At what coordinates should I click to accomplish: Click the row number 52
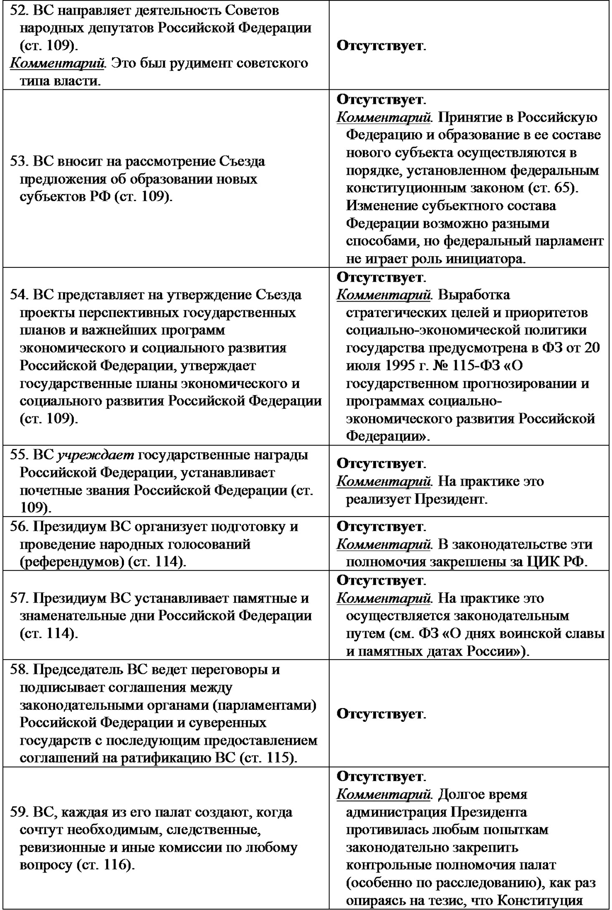pos(18,10)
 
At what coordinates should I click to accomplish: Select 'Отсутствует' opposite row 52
pos(379,45)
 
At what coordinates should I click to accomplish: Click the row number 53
pos(18,161)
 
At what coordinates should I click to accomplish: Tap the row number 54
pos(18,295)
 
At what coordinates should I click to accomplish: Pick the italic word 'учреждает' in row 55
pos(96,455)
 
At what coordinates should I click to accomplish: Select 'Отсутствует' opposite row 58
pos(379,714)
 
